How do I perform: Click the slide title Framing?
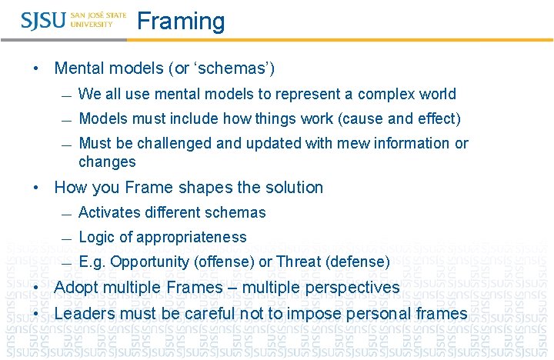coord(181,21)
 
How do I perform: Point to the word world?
coord(438,95)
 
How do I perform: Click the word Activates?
coord(108,213)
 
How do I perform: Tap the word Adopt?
coord(75,288)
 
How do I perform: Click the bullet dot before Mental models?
coord(37,68)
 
